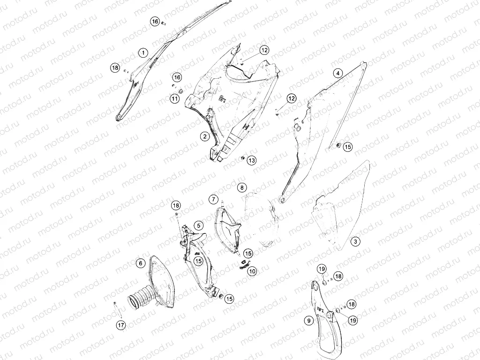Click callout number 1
point(143,53)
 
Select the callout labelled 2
point(205,136)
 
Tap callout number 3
point(355,241)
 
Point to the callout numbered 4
point(337,74)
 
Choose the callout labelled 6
point(141,263)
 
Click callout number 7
point(213,199)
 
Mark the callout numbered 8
point(242,187)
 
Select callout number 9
point(309,321)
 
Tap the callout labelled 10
point(253,271)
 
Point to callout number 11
point(174,98)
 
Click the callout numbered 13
point(252,160)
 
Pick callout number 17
point(121,325)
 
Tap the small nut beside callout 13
point(242,158)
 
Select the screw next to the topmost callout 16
point(164,22)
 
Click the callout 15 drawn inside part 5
point(199,261)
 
